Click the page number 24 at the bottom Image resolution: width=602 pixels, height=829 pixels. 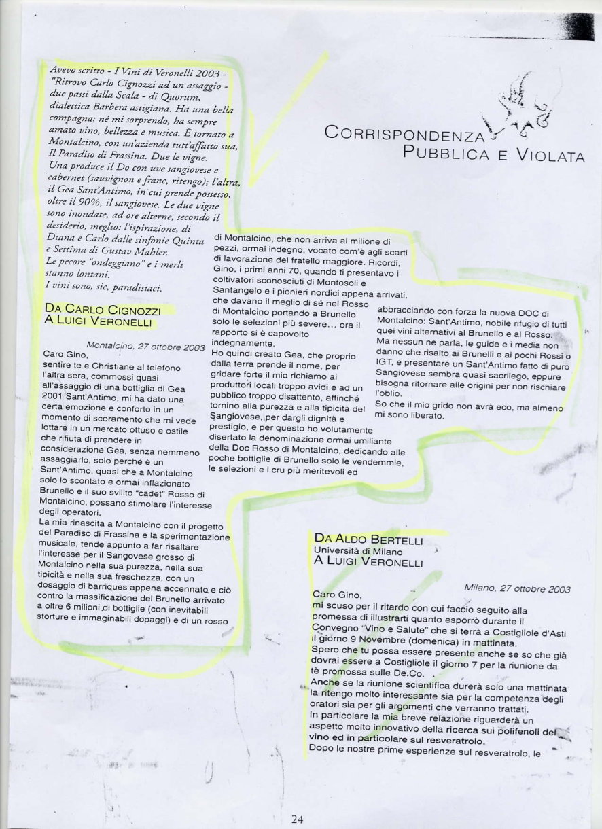tap(297, 819)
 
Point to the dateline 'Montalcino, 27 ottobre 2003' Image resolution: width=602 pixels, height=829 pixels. tap(146, 346)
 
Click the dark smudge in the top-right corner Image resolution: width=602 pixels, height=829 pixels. tap(578, 26)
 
